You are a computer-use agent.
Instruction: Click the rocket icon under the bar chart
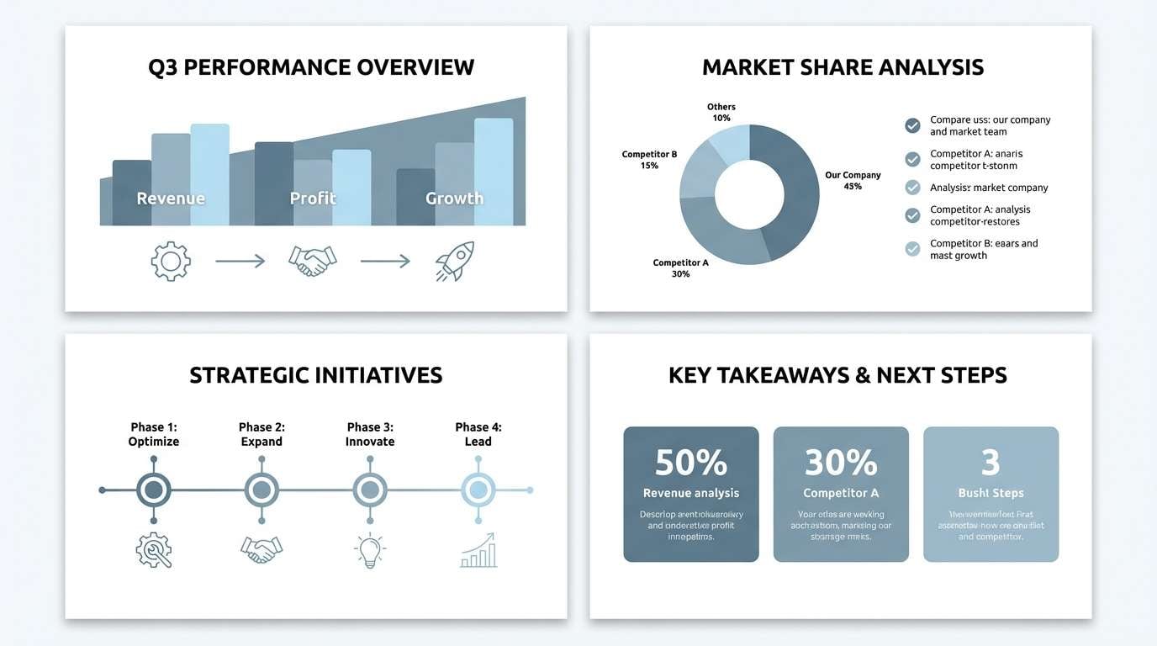pos(455,261)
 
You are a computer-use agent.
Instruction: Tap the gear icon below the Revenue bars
pos(171,261)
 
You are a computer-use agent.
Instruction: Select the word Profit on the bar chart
pos(313,199)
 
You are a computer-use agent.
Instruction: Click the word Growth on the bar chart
pos(454,199)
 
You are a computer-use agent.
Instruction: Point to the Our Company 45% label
pos(853,181)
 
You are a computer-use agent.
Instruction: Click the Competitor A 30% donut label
pos(681,268)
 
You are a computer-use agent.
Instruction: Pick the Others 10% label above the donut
pos(721,113)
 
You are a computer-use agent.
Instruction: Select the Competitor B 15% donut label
pos(649,160)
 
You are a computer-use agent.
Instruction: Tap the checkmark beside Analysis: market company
pos(912,188)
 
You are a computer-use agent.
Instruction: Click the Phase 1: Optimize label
pos(154,434)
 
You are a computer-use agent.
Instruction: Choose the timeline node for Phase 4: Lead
pos(478,489)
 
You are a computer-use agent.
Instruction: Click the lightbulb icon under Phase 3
pos(370,551)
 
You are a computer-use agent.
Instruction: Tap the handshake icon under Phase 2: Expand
pos(262,550)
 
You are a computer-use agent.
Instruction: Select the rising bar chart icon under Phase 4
pos(478,551)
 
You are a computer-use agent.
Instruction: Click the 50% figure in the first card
pos(690,463)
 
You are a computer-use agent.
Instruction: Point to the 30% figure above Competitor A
pos(840,463)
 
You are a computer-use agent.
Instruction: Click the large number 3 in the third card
pos(991,463)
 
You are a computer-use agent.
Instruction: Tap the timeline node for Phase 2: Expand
pos(262,489)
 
